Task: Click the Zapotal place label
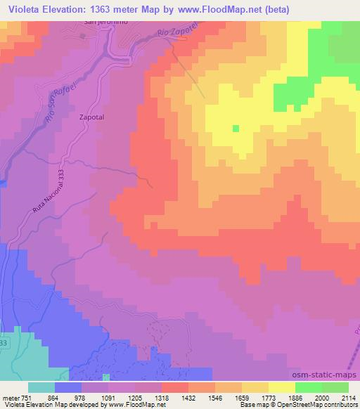click(93, 119)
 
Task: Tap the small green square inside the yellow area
click(236, 129)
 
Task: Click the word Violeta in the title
click(22, 8)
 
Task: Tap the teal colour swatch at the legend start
click(41, 387)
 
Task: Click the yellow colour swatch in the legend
click(281, 387)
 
